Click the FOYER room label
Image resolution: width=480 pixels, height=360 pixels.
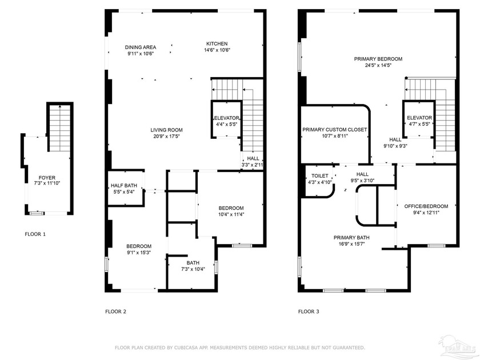pos(47,178)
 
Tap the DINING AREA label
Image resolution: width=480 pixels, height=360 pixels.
pos(141,47)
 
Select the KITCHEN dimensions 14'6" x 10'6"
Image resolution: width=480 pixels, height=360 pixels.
pos(217,50)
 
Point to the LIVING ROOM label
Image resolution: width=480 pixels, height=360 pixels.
pos(167,130)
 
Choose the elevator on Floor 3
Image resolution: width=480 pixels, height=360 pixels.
pos(419,121)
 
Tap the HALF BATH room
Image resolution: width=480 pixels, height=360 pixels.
pos(123,188)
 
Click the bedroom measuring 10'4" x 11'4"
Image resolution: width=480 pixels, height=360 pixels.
pos(231,211)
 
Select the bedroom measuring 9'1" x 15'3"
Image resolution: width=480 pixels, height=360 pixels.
pos(139,248)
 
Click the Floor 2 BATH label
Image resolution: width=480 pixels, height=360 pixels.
pos(193,263)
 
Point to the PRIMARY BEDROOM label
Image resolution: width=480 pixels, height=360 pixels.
pos(378,59)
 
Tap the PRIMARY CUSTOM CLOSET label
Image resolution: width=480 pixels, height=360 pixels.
pos(334,130)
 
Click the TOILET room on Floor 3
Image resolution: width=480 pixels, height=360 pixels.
pos(319,178)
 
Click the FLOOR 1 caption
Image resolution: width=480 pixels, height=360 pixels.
pos(35,234)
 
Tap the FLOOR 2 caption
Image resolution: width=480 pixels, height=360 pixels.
pos(115,311)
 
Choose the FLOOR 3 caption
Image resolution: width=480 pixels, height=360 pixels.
pos(309,311)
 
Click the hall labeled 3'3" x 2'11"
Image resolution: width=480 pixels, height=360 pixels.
pos(252,161)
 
